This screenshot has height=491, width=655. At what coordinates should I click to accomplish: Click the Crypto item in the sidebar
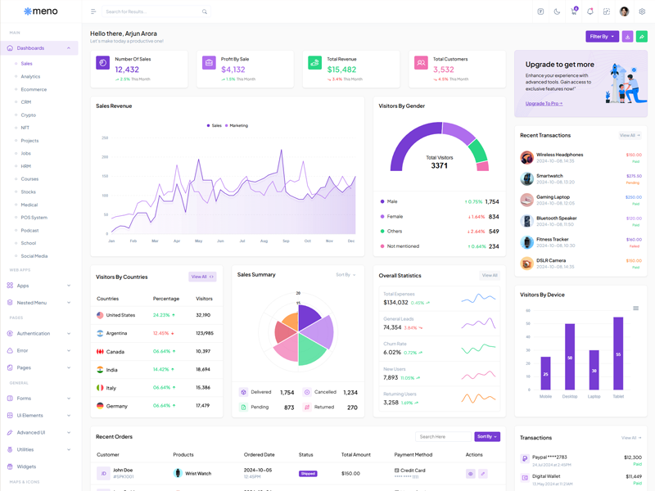[x=29, y=115]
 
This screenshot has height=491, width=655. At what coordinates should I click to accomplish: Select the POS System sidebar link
[x=34, y=218]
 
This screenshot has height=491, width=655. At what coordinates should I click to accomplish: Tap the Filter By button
[x=602, y=36]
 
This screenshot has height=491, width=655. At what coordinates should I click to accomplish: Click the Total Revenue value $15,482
[x=341, y=70]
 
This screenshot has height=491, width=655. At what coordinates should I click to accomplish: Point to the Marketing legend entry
[x=237, y=125]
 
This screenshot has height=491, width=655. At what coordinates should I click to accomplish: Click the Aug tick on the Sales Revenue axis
[x=264, y=241]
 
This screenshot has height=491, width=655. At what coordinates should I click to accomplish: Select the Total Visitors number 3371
[x=440, y=165]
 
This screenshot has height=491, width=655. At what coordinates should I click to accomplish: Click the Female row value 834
[x=493, y=217]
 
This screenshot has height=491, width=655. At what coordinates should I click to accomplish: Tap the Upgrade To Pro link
[x=544, y=104]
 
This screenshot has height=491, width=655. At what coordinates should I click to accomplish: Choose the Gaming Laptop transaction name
[x=553, y=196]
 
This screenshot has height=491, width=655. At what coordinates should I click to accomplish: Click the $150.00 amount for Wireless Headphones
[x=634, y=155]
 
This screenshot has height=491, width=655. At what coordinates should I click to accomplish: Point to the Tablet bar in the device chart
[x=618, y=354]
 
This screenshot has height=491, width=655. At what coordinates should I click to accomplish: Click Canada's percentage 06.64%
[x=161, y=351]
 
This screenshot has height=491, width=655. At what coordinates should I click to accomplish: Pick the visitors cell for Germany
[x=203, y=405]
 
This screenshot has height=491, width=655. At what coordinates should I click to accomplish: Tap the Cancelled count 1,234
[x=350, y=392]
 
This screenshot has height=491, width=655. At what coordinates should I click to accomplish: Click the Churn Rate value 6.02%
[x=392, y=353]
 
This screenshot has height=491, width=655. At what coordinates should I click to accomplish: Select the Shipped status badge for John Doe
[x=308, y=474]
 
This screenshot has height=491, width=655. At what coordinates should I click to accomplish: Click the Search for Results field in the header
[x=151, y=11]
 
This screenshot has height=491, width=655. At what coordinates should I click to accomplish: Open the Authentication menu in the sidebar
[x=34, y=333]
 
